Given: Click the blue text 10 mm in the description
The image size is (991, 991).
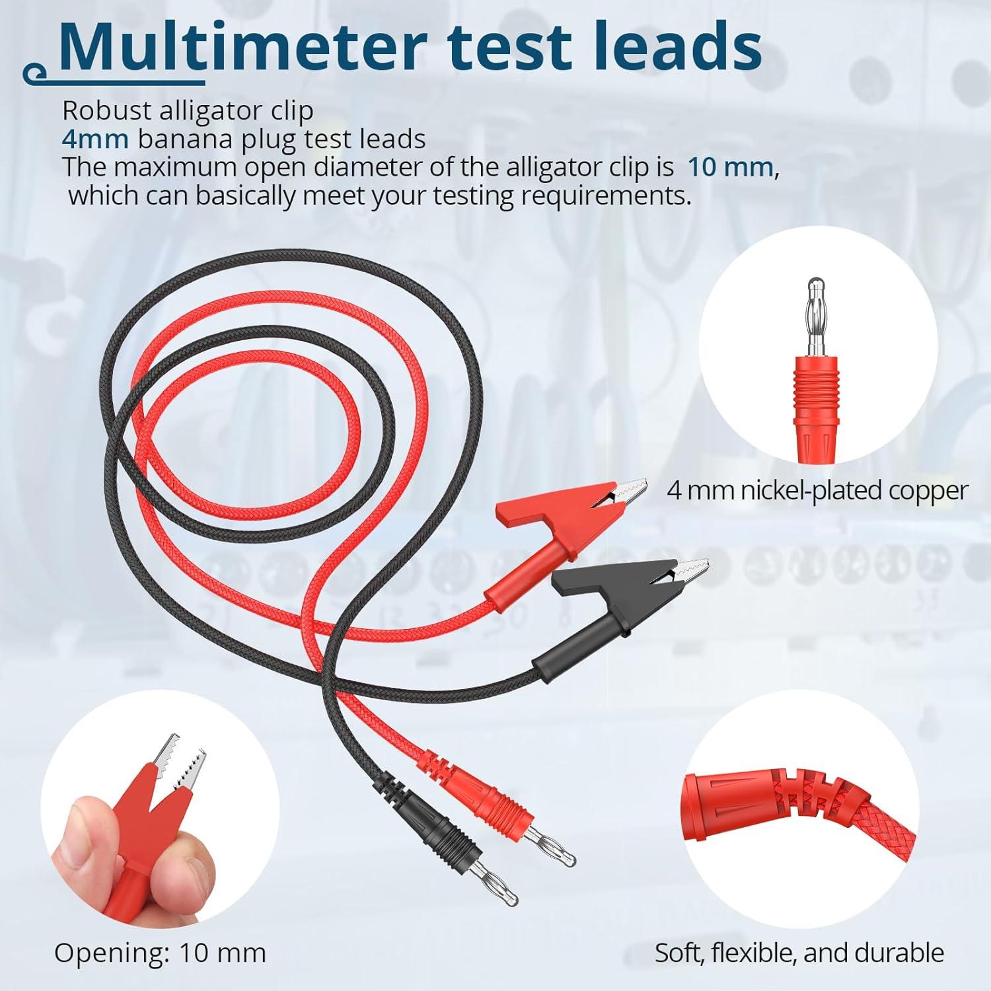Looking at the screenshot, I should click(730, 167).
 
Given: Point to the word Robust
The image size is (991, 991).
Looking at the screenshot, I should click(106, 110).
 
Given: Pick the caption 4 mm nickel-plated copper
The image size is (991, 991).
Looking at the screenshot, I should click(817, 490).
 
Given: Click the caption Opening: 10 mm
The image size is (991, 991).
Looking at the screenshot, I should click(160, 953).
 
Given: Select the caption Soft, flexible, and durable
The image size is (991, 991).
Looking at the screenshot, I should click(799, 953).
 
